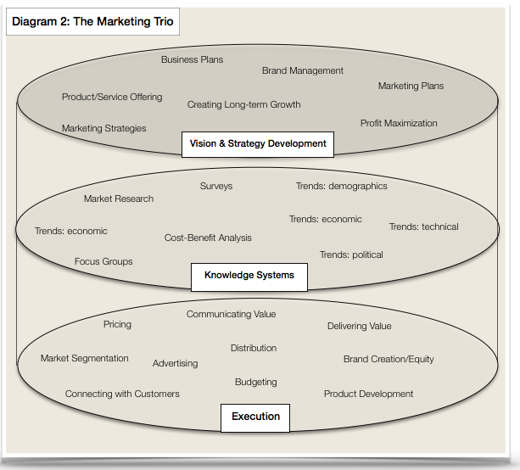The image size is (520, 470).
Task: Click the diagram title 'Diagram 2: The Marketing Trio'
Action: [x=93, y=22]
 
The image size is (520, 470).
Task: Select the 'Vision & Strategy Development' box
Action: [x=257, y=143]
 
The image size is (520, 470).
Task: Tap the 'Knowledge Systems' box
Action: [x=249, y=275]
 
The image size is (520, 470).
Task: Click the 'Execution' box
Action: [x=255, y=417]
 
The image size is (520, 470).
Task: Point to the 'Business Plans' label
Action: [x=192, y=59]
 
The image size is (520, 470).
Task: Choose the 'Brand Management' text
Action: [x=303, y=70]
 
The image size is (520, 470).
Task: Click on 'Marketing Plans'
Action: [x=411, y=86]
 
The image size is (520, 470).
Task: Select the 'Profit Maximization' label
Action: [x=399, y=123]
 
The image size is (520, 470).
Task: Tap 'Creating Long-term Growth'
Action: [x=243, y=104]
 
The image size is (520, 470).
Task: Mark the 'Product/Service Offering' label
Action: [x=112, y=97]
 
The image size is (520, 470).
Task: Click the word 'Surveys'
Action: [x=216, y=186]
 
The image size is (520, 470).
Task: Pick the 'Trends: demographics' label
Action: [x=341, y=186]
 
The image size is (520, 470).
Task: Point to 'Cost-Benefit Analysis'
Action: [x=208, y=238]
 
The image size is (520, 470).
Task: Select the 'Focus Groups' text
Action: [x=103, y=261]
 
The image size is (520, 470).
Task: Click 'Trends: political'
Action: [x=351, y=255]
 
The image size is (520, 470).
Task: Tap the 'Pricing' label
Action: [x=117, y=324]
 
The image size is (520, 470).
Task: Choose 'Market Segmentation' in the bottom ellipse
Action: [x=85, y=358]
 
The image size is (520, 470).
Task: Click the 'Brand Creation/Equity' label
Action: [x=389, y=359]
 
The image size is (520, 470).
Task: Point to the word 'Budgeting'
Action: [x=256, y=382]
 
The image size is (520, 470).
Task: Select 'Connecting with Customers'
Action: [x=122, y=394]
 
